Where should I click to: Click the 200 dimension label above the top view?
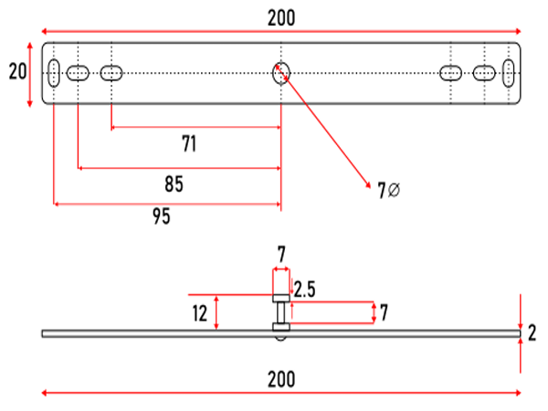pos(281,18)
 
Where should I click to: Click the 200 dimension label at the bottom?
pos(281,379)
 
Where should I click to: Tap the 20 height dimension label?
pos(17,71)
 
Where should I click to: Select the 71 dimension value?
pos(189,143)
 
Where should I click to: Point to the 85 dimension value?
pos(174,184)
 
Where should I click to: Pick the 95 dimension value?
pos(162,216)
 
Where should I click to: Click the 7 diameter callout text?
pos(389,191)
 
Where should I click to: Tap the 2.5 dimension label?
pos(305,290)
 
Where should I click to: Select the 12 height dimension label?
pos(200,313)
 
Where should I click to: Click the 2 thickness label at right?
pos(532,333)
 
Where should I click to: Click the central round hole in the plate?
pos(281,73)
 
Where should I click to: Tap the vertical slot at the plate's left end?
pos(54,73)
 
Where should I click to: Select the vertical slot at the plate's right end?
pos(509,73)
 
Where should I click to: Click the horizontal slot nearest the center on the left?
pos(111,73)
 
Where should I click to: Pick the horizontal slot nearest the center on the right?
pos(450,73)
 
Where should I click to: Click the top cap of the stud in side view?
pos(281,298)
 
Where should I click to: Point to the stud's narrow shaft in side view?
pos(281,312)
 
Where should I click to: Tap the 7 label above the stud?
pos(281,254)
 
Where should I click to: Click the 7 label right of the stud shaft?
pos(384,312)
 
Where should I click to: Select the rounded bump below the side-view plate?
pos(280,339)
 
